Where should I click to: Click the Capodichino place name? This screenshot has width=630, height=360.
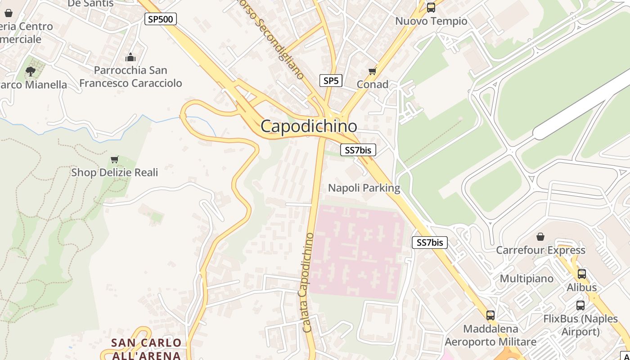coord(309,126)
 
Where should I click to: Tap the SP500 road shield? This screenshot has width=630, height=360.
coord(161,19)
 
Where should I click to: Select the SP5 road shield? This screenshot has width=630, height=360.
coord(331,81)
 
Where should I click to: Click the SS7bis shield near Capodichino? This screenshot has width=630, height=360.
coord(358,150)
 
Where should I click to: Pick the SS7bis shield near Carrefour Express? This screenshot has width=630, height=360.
coord(430,243)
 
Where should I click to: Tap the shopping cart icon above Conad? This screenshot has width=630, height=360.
coord(372,72)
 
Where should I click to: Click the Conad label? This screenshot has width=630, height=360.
coord(373,84)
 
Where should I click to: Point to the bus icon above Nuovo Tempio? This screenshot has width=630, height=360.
coord(431,7)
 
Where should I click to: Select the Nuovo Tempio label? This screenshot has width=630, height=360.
coord(431,21)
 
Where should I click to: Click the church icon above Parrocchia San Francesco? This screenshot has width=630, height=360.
coord(130,57)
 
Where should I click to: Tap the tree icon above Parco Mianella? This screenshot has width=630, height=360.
coord(31,71)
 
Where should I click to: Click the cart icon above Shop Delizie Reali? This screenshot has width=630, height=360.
coord(115,159)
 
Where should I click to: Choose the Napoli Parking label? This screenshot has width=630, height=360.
coord(364,188)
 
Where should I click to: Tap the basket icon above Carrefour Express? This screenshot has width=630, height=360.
coord(540,237)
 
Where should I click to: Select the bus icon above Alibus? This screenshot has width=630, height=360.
coord(581,274)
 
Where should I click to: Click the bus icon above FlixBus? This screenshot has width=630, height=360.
coord(580,305)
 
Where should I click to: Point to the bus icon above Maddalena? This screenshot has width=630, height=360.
coord(490,315)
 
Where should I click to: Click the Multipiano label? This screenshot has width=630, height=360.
coord(526,279)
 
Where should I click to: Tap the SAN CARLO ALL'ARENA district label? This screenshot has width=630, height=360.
coord(146,349)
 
